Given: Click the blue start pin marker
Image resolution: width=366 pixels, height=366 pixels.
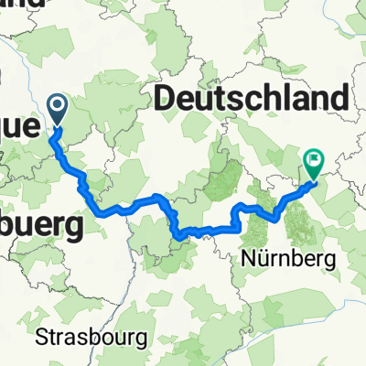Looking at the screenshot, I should (58, 111).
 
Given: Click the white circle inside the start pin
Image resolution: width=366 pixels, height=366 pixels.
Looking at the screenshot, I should (58, 108).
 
